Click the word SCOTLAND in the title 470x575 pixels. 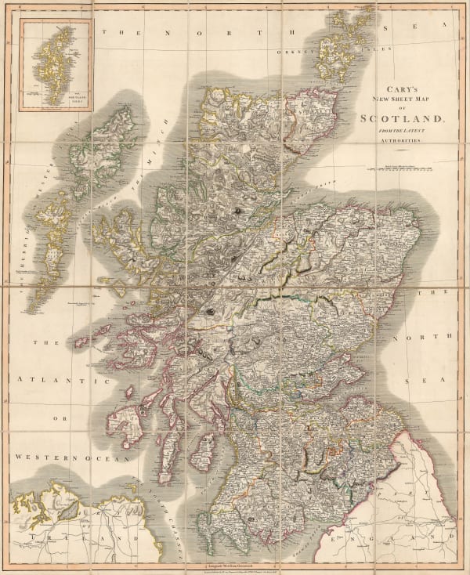401,120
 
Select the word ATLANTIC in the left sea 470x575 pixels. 63,380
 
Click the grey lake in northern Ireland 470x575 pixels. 68,510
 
